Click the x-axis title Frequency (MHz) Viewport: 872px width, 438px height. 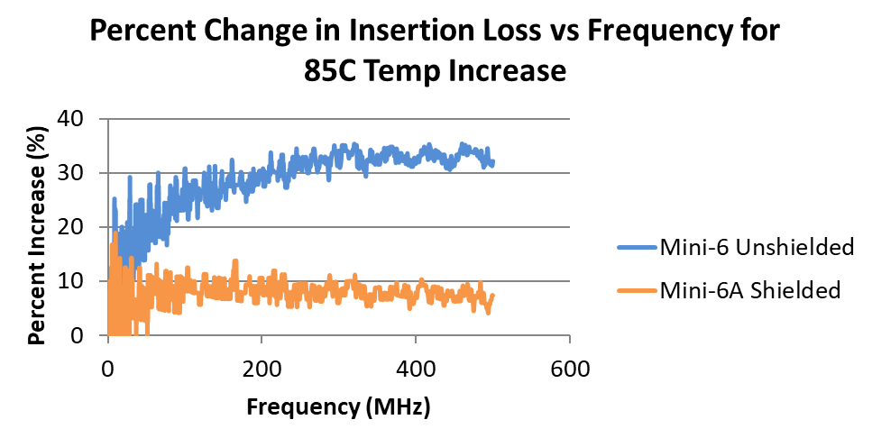point(338,407)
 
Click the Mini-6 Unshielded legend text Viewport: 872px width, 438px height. point(756,248)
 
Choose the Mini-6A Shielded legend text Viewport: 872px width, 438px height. point(750,290)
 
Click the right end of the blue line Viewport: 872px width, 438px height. point(493,163)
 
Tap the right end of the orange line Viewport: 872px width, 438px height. point(493,296)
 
